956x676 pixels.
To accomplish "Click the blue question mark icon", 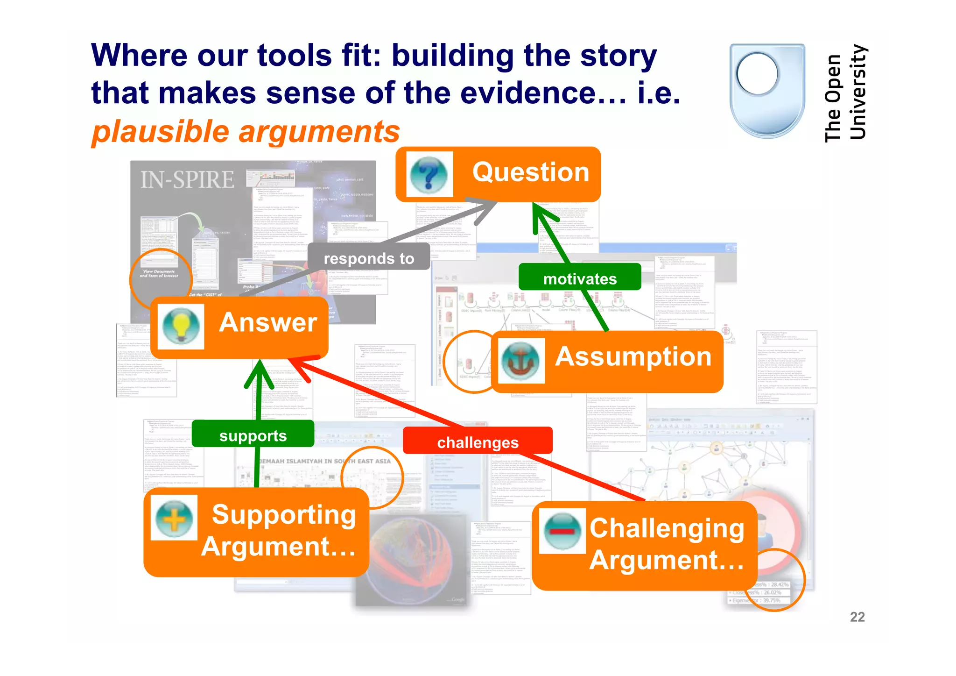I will click(429, 174).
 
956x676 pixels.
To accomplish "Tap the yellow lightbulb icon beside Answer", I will click(181, 326).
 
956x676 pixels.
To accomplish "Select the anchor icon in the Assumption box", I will click(520, 360).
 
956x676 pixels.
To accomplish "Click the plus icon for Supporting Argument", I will click(174, 518).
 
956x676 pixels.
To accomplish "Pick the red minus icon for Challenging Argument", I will click(562, 531).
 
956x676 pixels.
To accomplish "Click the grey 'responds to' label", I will click(369, 258).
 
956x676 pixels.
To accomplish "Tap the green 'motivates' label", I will click(580, 278).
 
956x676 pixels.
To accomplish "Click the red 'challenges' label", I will click(478, 441).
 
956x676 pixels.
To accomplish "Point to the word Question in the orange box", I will click(531, 172).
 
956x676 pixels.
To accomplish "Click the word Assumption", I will click(633, 357).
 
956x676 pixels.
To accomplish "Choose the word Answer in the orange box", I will click(268, 322).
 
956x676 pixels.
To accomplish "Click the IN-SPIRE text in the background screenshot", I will click(187, 180).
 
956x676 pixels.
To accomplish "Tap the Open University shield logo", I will click(767, 91).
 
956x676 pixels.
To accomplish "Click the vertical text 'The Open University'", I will click(845, 93).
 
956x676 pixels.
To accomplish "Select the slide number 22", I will click(857, 617).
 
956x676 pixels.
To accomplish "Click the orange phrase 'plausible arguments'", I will click(246, 131).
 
